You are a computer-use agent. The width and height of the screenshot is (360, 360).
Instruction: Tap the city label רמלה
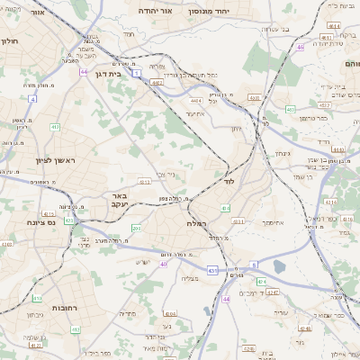tap(197, 222)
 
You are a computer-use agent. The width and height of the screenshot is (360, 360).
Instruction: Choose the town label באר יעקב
tap(119, 200)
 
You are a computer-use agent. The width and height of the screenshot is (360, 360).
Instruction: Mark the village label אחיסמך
tap(274, 220)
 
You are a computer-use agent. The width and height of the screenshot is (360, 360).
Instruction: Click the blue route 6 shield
tap(254, 265)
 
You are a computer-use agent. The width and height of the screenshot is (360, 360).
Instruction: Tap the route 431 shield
tap(212, 269)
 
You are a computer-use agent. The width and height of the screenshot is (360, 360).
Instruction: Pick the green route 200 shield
tap(136, 229)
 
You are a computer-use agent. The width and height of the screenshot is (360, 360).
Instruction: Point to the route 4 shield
tap(32, 98)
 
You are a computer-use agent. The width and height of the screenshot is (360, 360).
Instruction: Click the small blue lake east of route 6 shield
tap(279, 266)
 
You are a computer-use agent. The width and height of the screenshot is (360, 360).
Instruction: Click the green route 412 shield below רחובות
tap(76, 329)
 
